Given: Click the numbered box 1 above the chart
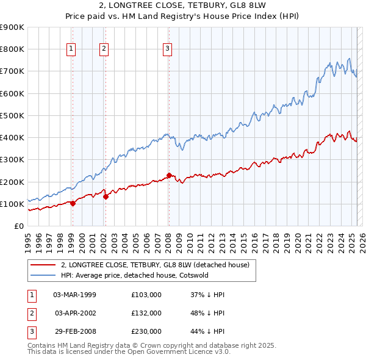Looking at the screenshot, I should pyautogui.click(x=72, y=49).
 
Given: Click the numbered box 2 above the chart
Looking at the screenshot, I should pyautogui.click(x=104, y=49).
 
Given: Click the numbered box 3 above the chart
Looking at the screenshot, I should pyautogui.click(x=168, y=49).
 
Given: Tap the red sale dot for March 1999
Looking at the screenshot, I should pyautogui.click(x=73, y=203).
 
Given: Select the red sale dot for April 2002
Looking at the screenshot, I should pyautogui.click(x=106, y=196).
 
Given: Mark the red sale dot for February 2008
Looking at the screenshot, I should pyautogui.click(x=169, y=175).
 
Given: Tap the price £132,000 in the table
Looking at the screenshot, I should pyautogui.click(x=146, y=313).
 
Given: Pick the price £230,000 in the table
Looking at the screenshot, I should pyautogui.click(x=146, y=331).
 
